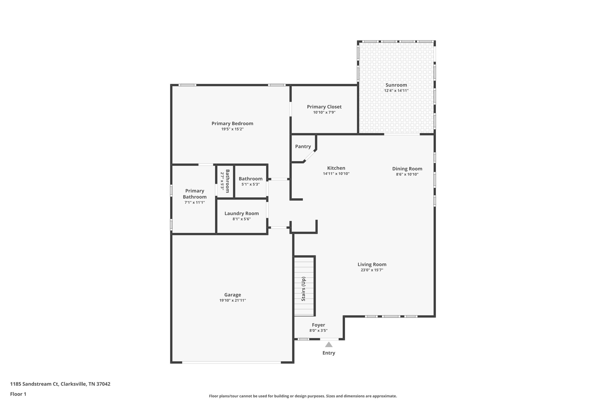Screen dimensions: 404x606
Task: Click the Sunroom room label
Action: [396, 85]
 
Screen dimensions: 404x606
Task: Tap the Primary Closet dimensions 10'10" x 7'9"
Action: [324, 112]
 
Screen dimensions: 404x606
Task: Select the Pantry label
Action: [303, 147]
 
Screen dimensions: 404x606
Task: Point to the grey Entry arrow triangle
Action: [328, 345]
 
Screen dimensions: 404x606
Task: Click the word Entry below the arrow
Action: [328, 353]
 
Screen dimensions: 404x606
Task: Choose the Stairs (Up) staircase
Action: [304, 289]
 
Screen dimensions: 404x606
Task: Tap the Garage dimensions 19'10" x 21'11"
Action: [232, 300]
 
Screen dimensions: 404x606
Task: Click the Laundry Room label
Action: [241, 213]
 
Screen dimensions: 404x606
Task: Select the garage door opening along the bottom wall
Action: [231, 362]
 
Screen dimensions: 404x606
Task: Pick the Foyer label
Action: [318, 325]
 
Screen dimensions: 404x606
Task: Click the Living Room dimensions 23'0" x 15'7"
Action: [372, 270]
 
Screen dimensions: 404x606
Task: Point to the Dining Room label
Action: [407, 169]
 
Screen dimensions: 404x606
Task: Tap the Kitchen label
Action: [336, 168]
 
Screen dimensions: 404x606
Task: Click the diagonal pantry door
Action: [310, 156]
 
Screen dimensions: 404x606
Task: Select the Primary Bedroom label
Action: [232, 123]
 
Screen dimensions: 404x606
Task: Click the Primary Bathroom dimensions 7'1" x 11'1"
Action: [194, 202]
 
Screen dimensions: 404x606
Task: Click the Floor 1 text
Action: [18, 394]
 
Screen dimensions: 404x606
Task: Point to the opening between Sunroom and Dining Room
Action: [402, 134]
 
